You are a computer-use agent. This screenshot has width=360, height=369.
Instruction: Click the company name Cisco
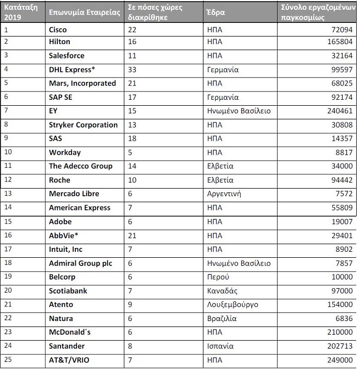click(58, 29)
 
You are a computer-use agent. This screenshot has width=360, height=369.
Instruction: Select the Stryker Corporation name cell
click(83, 125)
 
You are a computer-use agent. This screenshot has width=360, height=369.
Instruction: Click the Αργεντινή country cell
click(224, 194)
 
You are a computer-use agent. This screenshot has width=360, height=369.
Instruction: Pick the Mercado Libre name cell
click(75, 194)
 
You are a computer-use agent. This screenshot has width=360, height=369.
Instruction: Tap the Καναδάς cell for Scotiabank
click(222, 291)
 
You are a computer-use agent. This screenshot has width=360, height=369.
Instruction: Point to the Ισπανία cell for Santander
click(220, 346)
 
